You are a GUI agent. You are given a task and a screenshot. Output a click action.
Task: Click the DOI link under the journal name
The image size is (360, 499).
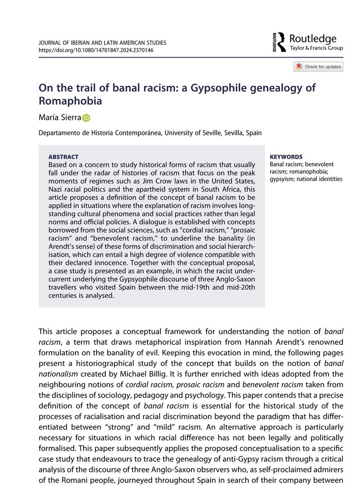click(x=96, y=50)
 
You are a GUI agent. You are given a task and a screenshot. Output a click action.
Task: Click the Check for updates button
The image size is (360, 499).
click(x=318, y=67)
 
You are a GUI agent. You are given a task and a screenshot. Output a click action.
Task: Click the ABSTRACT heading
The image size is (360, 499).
click(x=64, y=157)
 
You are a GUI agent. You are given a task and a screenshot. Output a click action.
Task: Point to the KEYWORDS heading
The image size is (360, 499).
click(x=286, y=157)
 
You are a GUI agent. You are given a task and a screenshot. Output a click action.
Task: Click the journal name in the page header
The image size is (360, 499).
click(x=102, y=43)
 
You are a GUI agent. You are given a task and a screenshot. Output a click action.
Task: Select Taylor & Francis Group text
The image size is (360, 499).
click(x=316, y=48)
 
